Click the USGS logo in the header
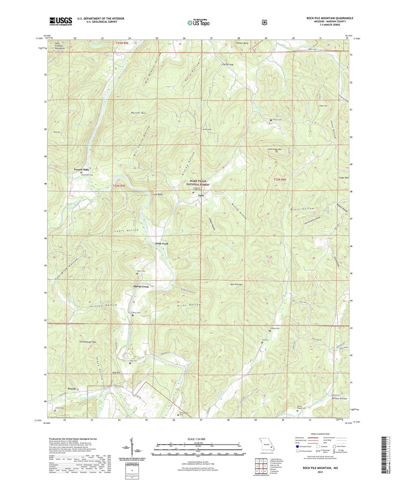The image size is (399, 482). click(x=61, y=21)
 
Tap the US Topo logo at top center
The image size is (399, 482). click(x=199, y=23)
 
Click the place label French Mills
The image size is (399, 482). click(x=81, y=170)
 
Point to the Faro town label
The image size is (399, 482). click(x=201, y=195)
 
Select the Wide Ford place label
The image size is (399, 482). click(x=162, y=244)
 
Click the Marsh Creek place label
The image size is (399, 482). click(x=141, y=287)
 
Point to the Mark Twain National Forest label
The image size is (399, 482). click(x=198, y=183)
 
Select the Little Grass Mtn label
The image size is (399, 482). click(x=274, y=149)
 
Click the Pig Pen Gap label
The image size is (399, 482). click(x=228, y=64)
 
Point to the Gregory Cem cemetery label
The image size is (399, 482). click(x=274, y=328)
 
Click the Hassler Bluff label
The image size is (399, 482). click(x=242, y=43)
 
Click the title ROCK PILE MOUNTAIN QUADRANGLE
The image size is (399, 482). click(x=330, y=18)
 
